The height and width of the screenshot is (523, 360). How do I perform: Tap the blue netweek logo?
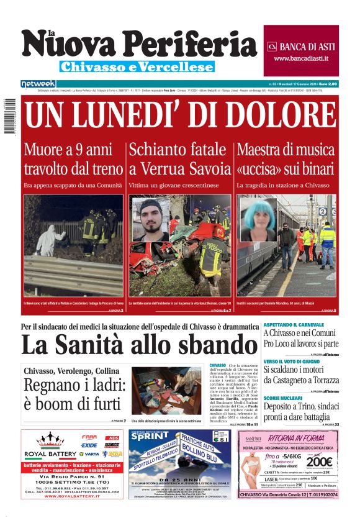38,83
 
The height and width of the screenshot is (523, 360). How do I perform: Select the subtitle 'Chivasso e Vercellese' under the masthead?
137,66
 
